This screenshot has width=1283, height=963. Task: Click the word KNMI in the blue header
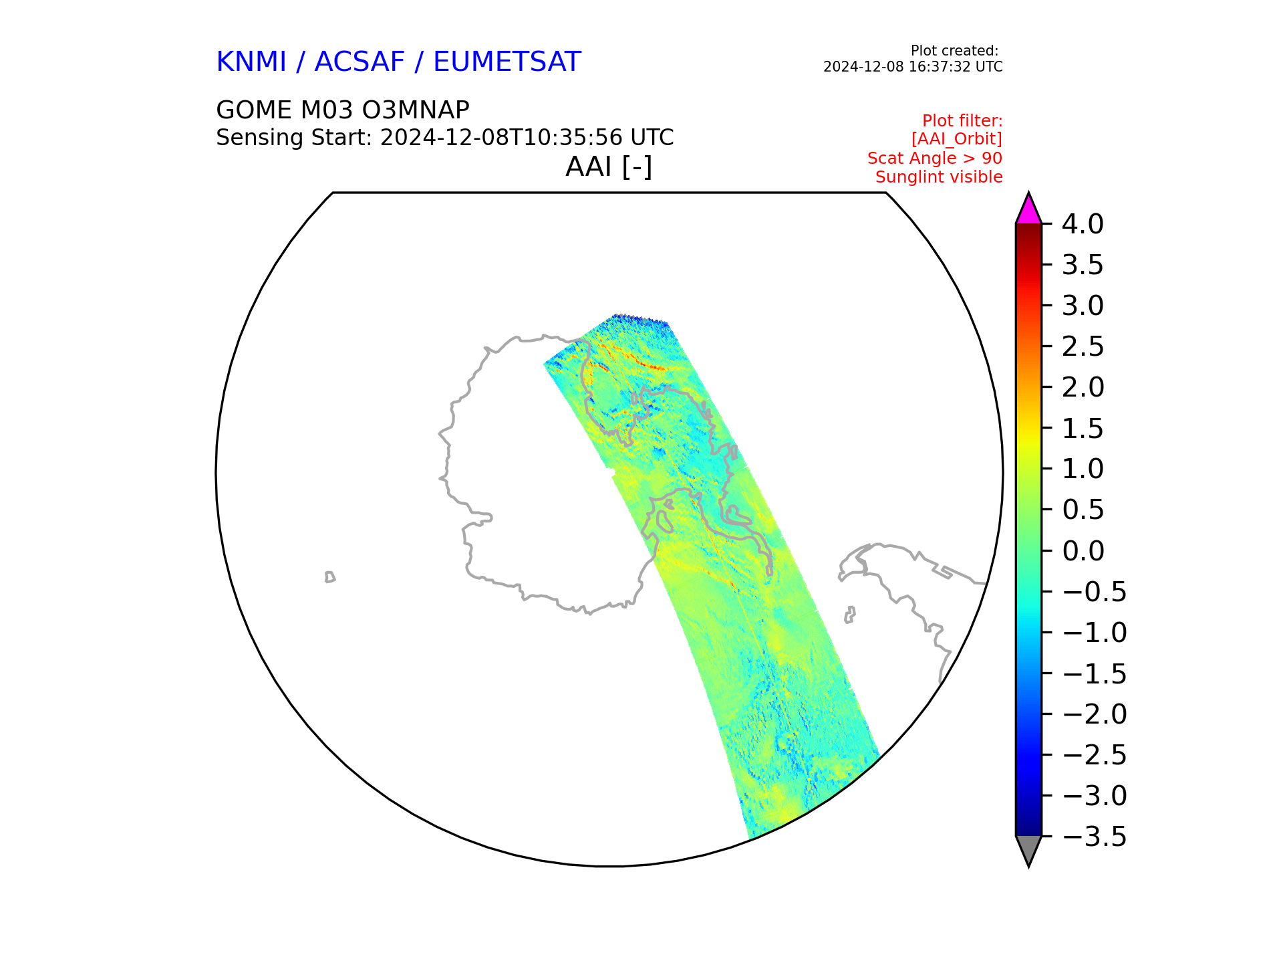point(251,62)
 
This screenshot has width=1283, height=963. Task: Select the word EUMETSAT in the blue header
point(507,62)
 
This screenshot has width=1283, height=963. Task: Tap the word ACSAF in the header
point(360,62)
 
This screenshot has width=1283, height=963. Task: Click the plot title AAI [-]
point(608,167)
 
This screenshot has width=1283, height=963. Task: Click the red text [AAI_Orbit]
point(956,139)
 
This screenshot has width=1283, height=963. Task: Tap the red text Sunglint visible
point(938,177)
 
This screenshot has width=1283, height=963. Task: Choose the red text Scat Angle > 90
point(934,158)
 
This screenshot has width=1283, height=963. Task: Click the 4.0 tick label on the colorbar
point(1083,224)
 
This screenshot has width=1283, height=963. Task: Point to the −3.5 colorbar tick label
point(1094,837)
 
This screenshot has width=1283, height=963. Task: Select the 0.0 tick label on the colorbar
point(1083,551)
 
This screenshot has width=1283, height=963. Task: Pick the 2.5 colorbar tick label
point(1083,346)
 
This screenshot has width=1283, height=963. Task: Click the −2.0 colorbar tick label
point(1094,714)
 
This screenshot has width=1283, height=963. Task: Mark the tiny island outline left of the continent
point(329,577)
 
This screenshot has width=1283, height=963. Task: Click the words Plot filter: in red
point(962,121)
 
